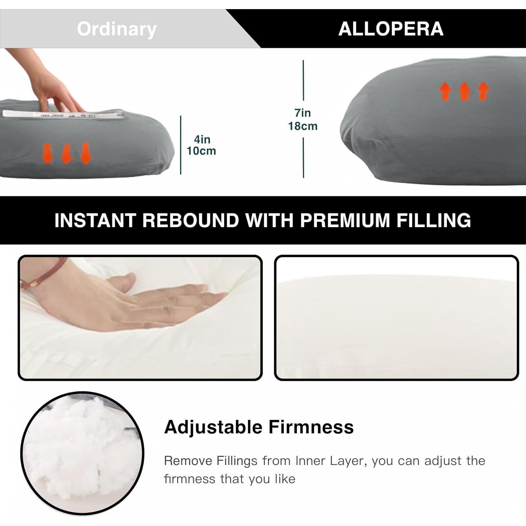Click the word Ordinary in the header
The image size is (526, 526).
point(116,29)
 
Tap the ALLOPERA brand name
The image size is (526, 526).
point(391,29)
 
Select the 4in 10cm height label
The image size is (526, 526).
point(202,145)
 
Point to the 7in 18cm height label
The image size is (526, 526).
point(303,120)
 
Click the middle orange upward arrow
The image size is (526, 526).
point(464,91)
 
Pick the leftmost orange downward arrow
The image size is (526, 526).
point(48,153)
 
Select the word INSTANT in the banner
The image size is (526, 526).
point(95,220)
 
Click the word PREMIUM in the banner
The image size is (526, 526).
point(345,220)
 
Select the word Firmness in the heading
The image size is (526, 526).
point(311,427)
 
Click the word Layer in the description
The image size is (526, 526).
point(348,461)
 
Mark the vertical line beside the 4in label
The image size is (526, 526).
point(181,145)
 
